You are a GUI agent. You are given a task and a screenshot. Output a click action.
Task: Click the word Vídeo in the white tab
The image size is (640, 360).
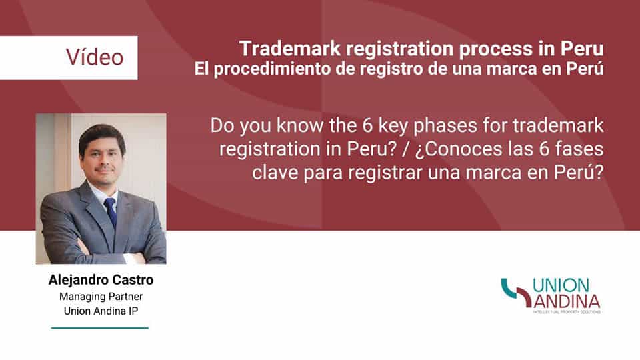click(x=95, y=57)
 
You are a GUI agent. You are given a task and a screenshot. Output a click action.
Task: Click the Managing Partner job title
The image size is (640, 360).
click(x=101, y=296)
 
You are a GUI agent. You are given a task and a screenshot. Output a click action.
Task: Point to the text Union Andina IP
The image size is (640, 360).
click(x=101, y=311)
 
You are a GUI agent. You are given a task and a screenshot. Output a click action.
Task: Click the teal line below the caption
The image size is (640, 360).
click(x=100, y=328)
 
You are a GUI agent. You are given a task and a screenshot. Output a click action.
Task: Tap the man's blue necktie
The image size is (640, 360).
click(x=111, y=212)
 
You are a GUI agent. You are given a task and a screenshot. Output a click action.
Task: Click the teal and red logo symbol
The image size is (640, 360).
click(x=515, y=293)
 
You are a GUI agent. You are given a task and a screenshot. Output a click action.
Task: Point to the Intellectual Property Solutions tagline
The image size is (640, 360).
click(x=566, y=312)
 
